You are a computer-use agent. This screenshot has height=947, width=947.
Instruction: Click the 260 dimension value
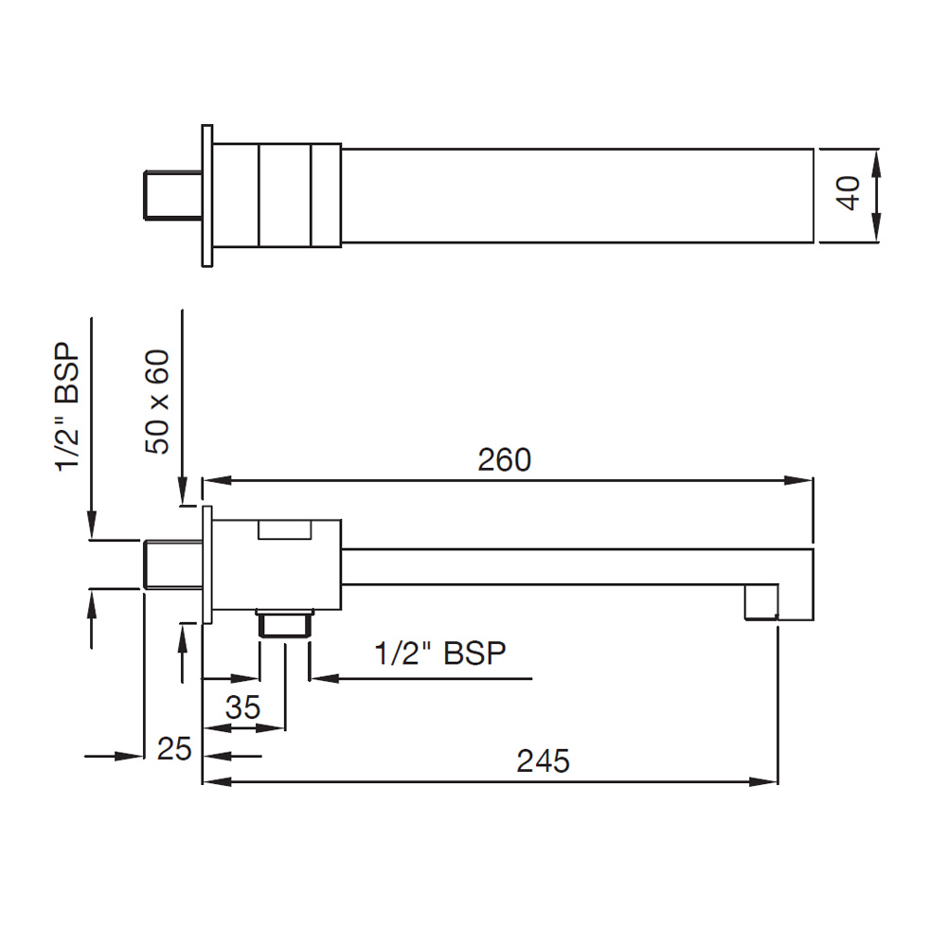pyautogui.click(x=505, y=459)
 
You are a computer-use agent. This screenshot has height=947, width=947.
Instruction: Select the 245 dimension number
pyautogui.click(x=543, y=761)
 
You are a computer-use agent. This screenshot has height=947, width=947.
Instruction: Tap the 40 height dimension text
pyautogui.click(x=849, y=193)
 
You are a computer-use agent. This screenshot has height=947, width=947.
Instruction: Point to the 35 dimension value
pyautogui.click(x=242, y=707)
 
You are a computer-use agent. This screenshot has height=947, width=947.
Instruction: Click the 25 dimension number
pyautogui.click(x=174, y=749)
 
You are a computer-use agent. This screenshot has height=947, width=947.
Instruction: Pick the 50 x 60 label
pyautogui.click(x=157, y=402)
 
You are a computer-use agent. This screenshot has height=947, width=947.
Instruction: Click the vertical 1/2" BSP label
pyautogui.click(x=67, y=407)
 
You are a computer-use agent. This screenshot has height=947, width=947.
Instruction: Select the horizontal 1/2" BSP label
pyautogui.click(x=440, y=653)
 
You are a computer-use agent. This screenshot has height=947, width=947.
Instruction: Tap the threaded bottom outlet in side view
pyautogui.click(x=285, y=623)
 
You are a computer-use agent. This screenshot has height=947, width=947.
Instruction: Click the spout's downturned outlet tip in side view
pyautogui.click(x=761, y=601)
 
